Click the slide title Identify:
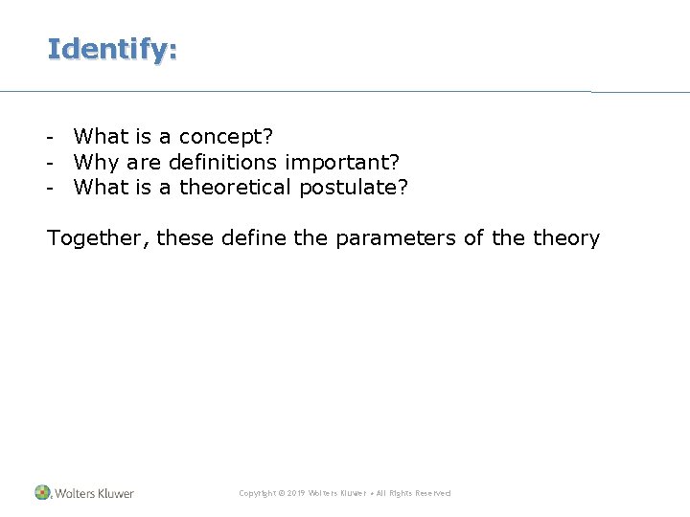(112, 49)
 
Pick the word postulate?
(354, 188)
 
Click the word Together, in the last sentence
(98, 238)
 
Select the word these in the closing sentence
(186, 238)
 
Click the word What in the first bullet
(101, 138)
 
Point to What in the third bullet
(101, 188)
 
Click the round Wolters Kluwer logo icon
(42, 492)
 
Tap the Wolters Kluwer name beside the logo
(94, 493)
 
